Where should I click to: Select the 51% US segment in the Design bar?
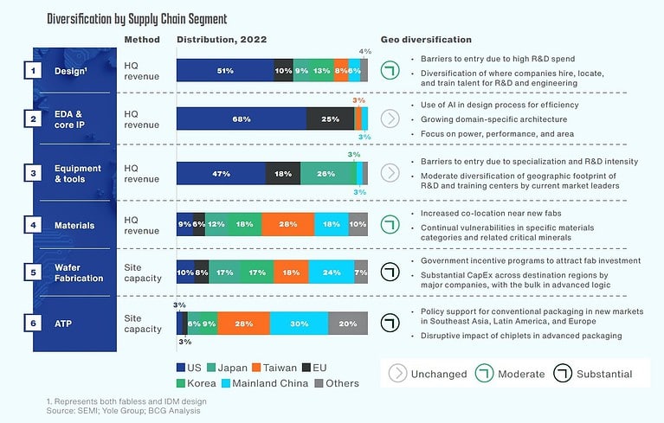click(x=225, y=71)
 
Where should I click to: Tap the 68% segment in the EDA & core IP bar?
click(x=241, y=119)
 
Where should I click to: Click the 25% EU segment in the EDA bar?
click(x=329, y=119)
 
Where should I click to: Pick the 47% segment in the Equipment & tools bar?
click(x=221, y=173)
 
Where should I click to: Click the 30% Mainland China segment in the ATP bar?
click(x=299, y=324)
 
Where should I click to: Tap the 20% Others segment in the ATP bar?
click(x=348, y=324)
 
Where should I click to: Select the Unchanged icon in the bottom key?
click(x=397, y=374)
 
